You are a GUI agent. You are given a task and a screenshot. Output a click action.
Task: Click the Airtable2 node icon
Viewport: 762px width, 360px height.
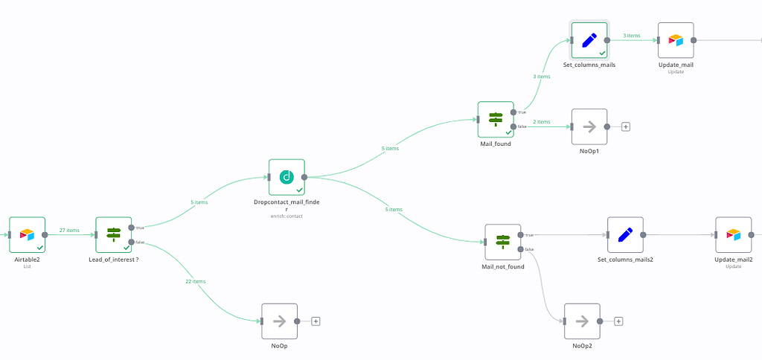28,235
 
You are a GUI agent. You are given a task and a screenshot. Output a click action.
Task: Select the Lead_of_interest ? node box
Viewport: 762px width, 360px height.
113,235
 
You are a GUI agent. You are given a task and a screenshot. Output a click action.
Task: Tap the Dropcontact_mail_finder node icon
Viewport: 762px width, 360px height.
286,177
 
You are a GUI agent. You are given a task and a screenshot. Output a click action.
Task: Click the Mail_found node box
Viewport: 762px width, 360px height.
496,119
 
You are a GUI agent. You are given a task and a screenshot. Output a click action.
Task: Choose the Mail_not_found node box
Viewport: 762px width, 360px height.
502,242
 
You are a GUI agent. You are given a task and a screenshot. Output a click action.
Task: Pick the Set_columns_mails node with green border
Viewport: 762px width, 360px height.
589,40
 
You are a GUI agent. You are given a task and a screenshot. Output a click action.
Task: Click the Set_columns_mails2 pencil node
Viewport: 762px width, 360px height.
625,235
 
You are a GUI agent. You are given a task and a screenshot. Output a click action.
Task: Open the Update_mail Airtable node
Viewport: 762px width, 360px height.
676,40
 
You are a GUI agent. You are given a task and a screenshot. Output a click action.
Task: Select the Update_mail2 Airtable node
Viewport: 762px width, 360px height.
733,235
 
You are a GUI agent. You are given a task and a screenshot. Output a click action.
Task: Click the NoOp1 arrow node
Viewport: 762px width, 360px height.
589,126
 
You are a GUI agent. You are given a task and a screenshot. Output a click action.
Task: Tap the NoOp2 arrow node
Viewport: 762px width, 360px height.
582,321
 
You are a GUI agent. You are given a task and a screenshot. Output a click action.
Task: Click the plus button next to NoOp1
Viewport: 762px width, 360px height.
626,126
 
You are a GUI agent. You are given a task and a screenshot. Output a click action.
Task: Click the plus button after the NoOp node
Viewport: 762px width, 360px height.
316,321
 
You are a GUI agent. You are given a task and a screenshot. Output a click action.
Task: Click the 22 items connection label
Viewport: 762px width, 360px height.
196,281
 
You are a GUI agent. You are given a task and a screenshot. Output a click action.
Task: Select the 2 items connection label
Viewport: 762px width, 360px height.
542,122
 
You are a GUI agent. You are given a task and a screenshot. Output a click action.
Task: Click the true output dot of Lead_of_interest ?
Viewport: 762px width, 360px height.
131,228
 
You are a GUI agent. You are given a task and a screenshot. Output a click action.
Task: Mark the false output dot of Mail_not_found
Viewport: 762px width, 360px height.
520,249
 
